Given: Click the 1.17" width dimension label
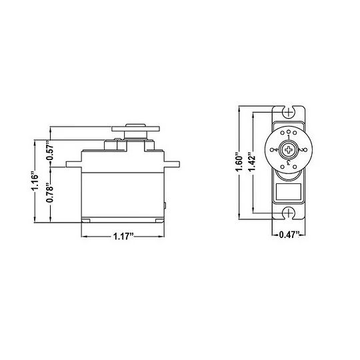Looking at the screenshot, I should (122, 236).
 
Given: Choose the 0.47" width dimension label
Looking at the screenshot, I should (287, 235).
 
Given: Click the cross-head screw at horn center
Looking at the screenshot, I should (288, 150).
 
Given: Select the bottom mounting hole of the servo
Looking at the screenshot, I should (288, 213).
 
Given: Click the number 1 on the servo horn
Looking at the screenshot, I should (288, 137).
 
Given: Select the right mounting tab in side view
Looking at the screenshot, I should (172, 163).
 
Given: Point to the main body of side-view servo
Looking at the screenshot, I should (122, 190).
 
